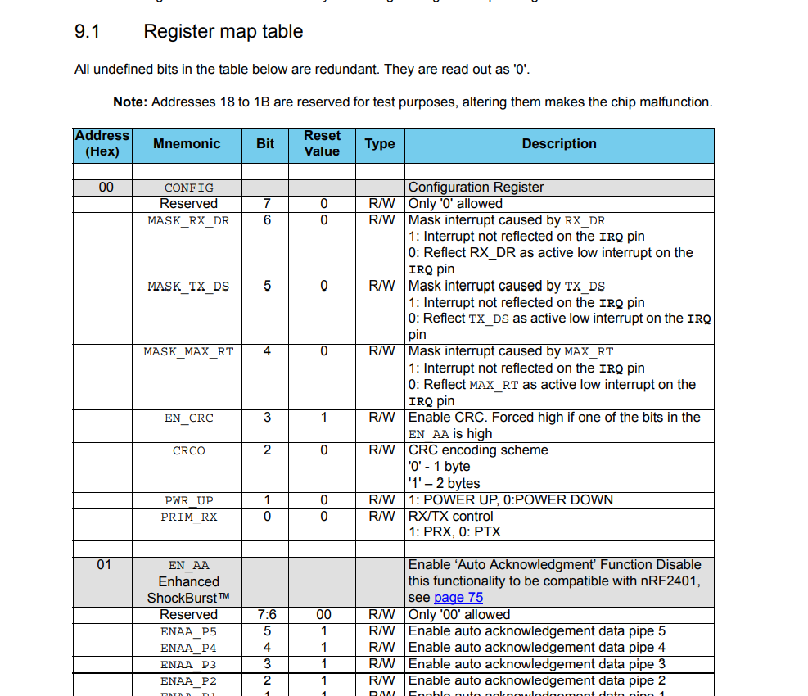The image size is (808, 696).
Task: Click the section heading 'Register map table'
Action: click(223, 32)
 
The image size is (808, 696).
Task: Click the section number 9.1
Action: click(87, 32)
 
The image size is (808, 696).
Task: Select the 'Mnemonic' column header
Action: click(187, 144)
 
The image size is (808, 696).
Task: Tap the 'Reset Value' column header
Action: click(322, 143)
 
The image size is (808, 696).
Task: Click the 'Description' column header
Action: click(559, 144)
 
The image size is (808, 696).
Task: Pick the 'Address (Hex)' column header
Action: click(102, 143)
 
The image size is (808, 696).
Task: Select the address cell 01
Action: click(104, 564)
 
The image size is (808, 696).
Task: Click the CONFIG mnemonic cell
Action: click(188, 188)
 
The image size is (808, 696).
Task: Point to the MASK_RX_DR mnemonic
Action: click(188, 220)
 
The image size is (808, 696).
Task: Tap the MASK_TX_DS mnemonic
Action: click(188, 286)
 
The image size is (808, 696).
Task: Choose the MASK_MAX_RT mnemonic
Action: click(188, 351)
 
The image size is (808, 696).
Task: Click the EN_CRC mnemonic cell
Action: click(188, 418)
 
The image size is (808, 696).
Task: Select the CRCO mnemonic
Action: click(188, 450)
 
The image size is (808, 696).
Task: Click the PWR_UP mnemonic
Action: click(188, 500)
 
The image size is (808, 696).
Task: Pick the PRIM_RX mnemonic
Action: click(188, 517)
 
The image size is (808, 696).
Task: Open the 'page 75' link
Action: click(458, 598)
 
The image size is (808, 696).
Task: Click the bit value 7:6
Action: click(266, 614)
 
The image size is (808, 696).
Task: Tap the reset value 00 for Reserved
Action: click(323, 614)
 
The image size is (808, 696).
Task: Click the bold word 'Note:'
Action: click(130, 102)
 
